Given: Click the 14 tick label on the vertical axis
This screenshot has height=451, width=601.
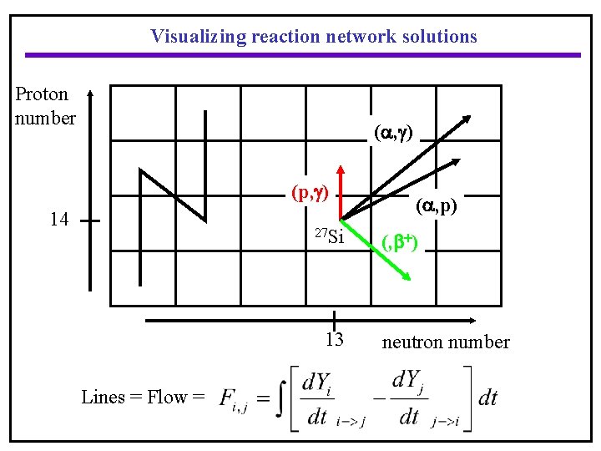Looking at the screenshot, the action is [58, 220].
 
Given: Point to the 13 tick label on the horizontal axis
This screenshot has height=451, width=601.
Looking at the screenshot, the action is [334, 340].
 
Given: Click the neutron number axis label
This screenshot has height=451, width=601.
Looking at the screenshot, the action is [446, 342].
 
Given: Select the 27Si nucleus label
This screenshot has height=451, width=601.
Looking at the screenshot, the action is [329, 236].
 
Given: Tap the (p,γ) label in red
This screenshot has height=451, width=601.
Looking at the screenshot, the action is [311, 193].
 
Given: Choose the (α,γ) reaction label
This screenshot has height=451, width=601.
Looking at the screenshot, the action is [394, 131].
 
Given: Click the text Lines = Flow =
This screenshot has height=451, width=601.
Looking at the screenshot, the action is [143, 397].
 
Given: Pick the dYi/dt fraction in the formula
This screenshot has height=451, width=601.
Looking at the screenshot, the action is [317, 398].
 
